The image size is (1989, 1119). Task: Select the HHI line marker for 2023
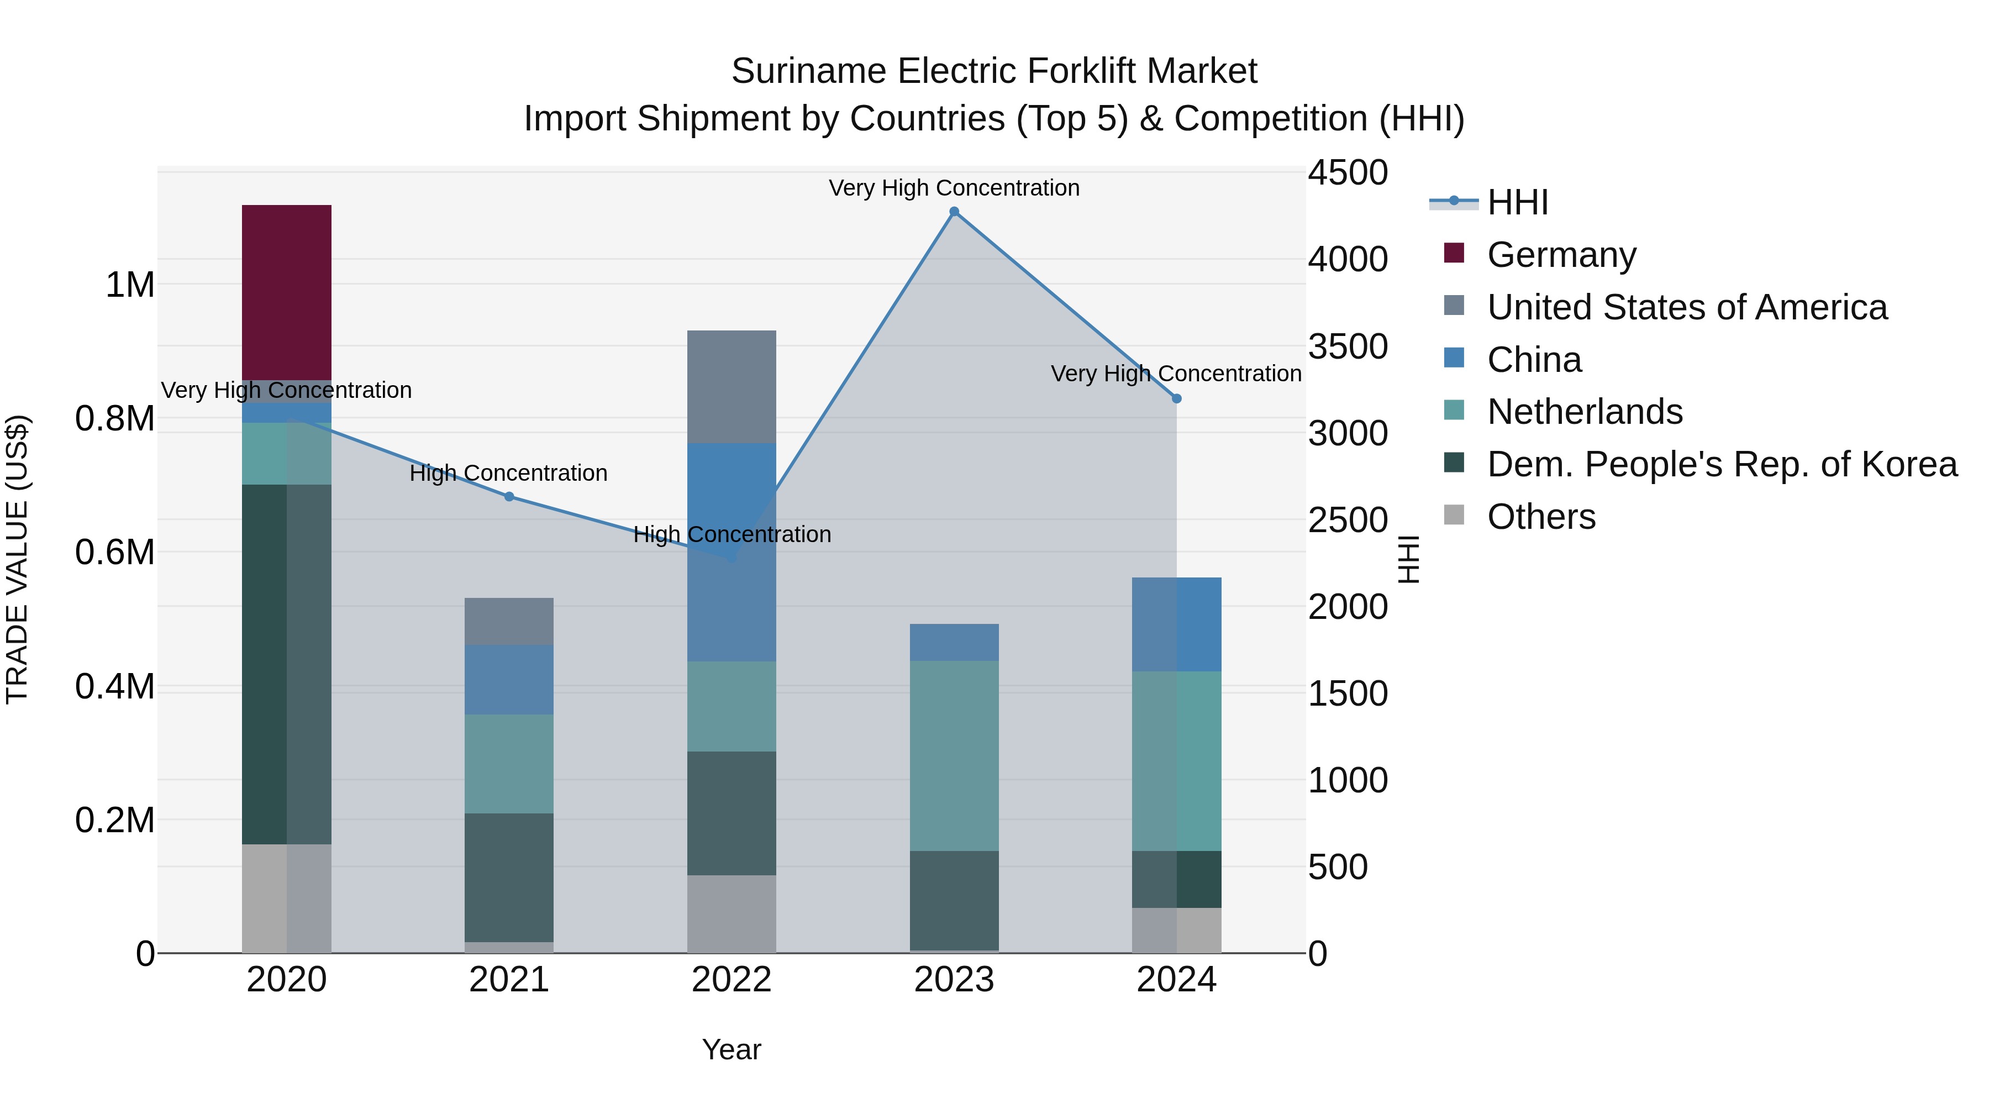coord(954,212)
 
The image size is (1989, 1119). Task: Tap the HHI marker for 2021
coord(509,497)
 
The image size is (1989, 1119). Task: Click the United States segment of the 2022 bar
coord(731,386)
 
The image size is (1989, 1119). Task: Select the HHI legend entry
coord(1517,202)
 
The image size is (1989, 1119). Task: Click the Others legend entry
coord(1540,517)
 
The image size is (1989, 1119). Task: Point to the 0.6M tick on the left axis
coord(114,553)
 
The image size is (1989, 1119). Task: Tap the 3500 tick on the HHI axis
coord(1348,346)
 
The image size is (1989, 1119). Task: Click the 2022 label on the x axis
coord(731,980)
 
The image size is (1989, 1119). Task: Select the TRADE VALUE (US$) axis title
coord(18,559)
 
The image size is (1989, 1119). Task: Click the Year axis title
coord(731,1049)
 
